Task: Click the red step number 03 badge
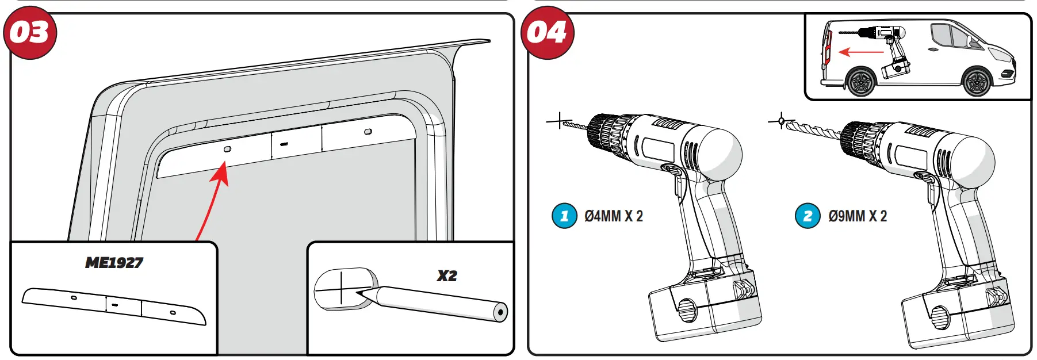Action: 30,33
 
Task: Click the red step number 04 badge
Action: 547,33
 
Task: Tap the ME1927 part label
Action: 114,263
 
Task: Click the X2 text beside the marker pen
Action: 446,276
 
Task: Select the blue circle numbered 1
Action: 564,216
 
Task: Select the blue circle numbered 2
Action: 808,216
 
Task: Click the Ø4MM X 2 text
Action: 614,216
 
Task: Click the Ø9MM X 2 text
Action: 858,216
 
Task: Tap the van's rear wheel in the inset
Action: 860,82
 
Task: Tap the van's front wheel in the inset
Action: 976,82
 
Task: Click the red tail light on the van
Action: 826,47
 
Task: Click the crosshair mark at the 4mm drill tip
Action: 558,121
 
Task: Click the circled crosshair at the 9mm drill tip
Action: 780,121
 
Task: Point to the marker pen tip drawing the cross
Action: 359,293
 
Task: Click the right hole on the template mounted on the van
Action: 368,132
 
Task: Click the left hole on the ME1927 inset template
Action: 74,297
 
